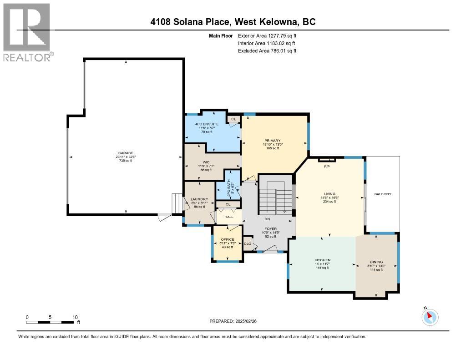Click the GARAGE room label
[126, 153]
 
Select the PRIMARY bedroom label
[272, 141]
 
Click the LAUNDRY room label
[199, 199]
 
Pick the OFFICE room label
[228, 239]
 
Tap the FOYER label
[270, 229]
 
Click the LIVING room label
[329, 193]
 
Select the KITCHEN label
[322, 260]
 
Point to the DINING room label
[376, 262]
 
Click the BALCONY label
[383, 194]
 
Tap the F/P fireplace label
[326, 166]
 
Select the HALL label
[229, 217]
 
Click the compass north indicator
[430, 316]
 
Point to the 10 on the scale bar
[75, 317]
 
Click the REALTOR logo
[27, 32]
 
